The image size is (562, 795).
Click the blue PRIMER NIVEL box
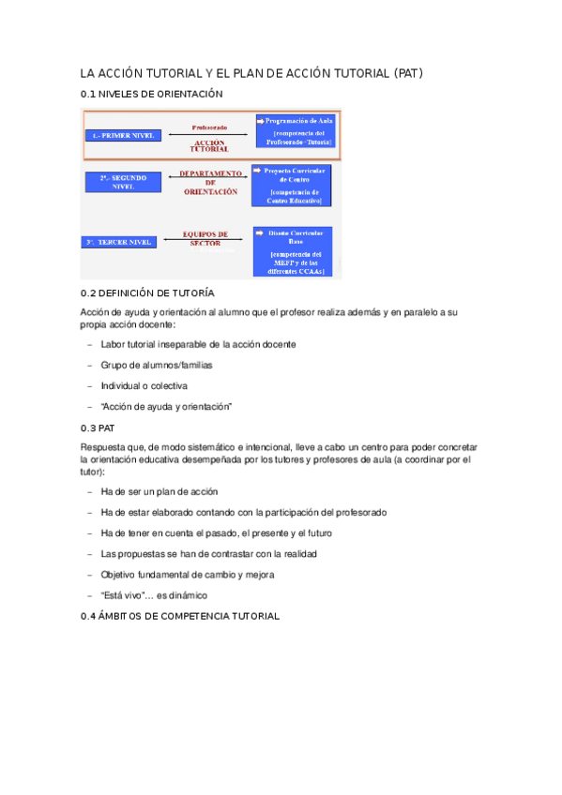(120, 136)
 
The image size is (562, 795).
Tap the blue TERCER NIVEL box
(120, 242)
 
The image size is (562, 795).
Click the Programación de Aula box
(296, 131)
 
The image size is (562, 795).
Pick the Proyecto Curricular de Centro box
(294, 185)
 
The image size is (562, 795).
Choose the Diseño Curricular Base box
(296, 250)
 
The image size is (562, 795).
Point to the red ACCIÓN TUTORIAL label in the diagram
(209, 145)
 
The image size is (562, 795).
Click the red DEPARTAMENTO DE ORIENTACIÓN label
(209, 182)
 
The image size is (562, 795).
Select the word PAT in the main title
(409, 72)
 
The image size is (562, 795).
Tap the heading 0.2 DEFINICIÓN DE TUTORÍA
(147, 293)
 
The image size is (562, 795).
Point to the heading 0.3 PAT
(98, 427)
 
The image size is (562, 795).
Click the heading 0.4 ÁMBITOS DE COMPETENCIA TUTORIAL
(180, 616)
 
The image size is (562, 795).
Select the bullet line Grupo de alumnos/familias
(157, 365)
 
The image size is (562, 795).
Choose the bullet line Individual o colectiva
(144, 385)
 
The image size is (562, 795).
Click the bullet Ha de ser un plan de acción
(159, 491)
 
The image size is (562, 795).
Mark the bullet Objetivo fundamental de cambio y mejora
(187, 575)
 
